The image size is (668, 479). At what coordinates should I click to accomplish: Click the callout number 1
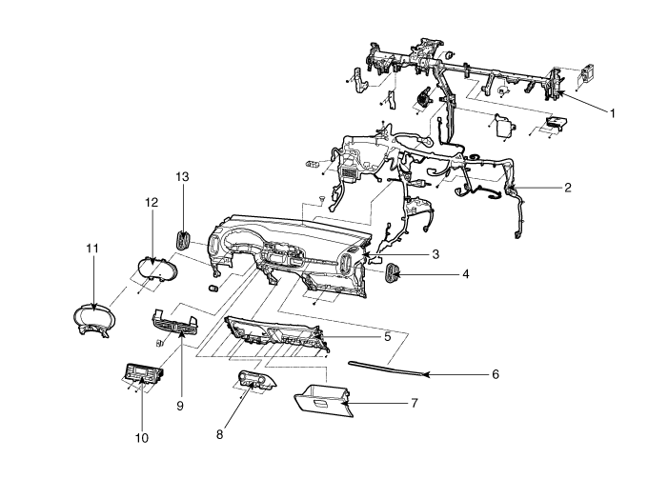(613, 112)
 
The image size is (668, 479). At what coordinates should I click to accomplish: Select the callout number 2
(567, 188)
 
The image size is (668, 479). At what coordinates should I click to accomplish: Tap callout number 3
(435, 254)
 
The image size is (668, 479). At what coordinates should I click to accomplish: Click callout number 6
(495, 374)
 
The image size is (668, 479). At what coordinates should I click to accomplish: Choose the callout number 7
(414, 403)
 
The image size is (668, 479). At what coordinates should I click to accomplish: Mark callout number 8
(219, 434)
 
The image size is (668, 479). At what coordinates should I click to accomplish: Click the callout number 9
(178, 377)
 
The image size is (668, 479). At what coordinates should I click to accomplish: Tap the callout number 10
(143, 438)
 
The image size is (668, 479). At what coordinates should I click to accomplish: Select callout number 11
(92, 249)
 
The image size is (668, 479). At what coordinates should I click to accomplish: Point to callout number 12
(151, 203)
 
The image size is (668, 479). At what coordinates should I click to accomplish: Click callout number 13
(183, 176)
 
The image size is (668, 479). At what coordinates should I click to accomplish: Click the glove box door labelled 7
(324, 398)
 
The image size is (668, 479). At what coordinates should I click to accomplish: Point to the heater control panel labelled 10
(143, 378)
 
